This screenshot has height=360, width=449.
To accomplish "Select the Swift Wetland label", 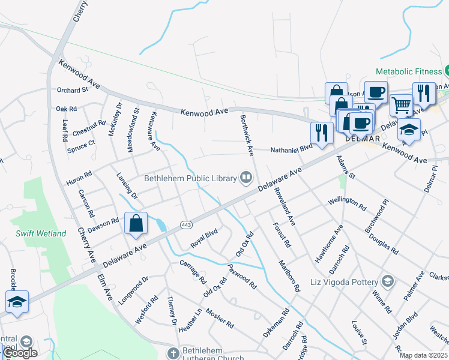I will [41, 233].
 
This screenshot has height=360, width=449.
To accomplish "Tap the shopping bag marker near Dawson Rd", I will [136, 223].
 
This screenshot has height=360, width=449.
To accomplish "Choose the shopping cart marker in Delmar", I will [401, 106].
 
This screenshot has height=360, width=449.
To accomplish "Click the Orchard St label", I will [73, 90].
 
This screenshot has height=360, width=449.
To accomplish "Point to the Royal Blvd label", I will [203, 239].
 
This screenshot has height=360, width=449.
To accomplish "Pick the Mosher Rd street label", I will [219, 319].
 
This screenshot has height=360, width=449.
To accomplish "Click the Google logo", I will [20, 353].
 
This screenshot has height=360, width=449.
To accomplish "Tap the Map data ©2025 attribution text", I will [423, 355].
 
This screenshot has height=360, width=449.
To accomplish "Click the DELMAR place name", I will [363, 138].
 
